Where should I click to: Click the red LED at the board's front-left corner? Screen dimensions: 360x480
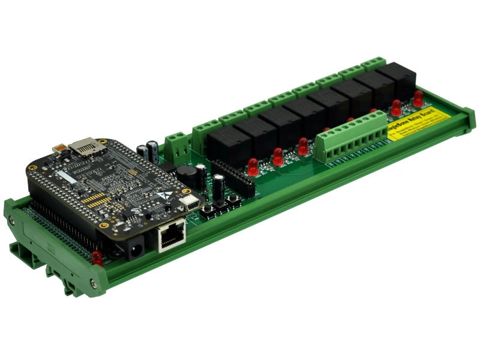click(96, 257)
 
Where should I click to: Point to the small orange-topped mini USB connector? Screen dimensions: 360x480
click(60, 148)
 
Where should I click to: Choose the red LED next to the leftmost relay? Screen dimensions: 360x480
click(253, 163)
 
